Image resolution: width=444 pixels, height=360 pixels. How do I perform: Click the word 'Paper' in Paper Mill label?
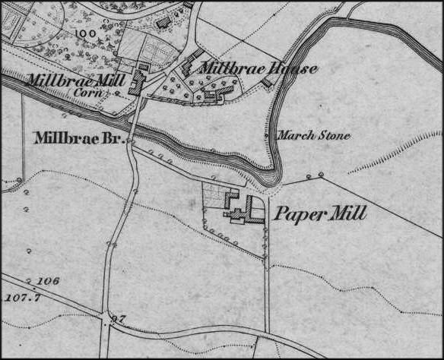pyautogui.click(x=298, y=214)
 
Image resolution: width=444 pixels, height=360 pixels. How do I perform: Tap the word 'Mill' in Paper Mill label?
pyautogui.click(x=347, y=214)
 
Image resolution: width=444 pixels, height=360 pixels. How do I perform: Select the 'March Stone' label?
pyautogui.click(x=312, y=136)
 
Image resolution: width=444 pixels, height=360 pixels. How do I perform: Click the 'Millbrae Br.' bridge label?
pyautogui.click(x=80, y=138)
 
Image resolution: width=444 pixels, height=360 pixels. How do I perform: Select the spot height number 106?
pyautogui.click(x=47, y=281)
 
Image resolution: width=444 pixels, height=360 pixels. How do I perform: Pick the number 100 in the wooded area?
pyautogui.click(x=90, y=35)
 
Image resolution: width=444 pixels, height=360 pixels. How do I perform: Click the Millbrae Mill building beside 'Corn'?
pyautogui.click(x=139, y=80)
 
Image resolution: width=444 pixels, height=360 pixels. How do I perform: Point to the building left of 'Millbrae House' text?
pyautogui.click(x=187, y=65)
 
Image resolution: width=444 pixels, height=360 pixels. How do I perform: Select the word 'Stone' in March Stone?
pyautogui.click(x=334, y=136)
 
